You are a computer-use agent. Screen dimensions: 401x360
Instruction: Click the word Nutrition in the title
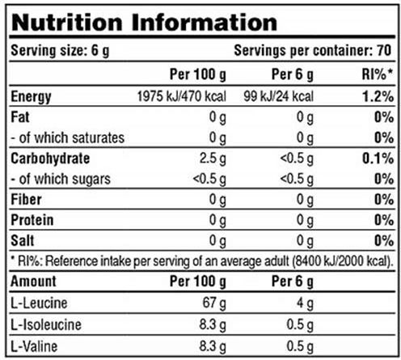(x=67, y=23)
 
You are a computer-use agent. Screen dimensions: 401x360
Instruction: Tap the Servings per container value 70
(x=384, y=50)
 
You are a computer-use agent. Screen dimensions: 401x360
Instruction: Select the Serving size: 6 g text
(x=60, y=51)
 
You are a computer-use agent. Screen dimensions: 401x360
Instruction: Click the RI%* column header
(x=378, y=74)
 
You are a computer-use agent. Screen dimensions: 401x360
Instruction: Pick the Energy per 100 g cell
(x=182, y=96)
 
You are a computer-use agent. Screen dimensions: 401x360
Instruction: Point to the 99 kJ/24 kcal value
(x=279, y=96)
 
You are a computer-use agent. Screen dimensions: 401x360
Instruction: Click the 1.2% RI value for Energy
(x=378, y=96)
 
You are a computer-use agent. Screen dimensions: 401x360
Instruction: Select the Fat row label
(x=20, y=117)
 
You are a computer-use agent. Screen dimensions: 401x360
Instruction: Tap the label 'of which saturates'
(x=72, y=138)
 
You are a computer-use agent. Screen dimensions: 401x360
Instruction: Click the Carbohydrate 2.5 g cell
(x=213, y=159)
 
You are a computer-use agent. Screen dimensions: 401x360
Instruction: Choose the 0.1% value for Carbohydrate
(x=378, y=159)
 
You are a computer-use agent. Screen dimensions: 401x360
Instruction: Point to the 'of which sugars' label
(x=65, y=179)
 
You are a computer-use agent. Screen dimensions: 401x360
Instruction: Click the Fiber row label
(x=26, y=200)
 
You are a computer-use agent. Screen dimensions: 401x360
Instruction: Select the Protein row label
(x=32, y=220)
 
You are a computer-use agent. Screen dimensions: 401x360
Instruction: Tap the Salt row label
(x=23, y=240)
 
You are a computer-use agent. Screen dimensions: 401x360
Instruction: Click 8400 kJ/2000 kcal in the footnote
(x=341, y=260)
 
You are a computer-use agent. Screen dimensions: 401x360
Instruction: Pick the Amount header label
(x=33, y=282)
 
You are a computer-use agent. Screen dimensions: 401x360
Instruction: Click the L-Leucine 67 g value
(x=214, y=303)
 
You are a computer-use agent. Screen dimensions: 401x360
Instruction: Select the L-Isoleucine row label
(x=46, y=324)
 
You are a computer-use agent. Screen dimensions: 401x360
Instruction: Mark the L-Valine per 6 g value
(x=300, y=346)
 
